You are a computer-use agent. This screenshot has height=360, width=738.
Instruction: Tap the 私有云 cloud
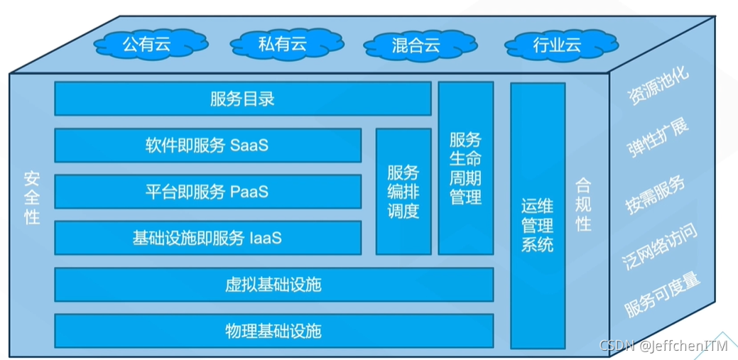pyautogui.click(x=282, y=44)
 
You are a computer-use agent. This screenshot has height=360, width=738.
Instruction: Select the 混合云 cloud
pyautogui.click(x=416, y=45)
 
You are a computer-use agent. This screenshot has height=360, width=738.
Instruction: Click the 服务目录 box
pyautogui.click(x=242, y=99)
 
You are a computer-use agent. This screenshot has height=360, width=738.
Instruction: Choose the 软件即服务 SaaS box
pyautogui.click(x=207, y=146)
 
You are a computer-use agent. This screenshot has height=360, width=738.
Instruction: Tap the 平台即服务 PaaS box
pyautogui.click(x=207, y=192)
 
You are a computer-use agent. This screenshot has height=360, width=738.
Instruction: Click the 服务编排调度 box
pyautogui.click(x=403, y=192)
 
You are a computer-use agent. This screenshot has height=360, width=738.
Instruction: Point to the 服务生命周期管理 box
pyautogui.click(x=465, y=168)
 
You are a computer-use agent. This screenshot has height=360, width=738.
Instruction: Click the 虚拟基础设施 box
pyautogui.click(x=273, y=285)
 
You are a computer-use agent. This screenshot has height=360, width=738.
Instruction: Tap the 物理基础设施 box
pyautogui.click(x=273, y=331)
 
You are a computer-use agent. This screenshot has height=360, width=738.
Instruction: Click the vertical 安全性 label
pyautogui.click(x=31, y=197)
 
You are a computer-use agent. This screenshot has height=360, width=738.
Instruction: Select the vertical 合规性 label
pyautogui.click(x=583, y=204)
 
